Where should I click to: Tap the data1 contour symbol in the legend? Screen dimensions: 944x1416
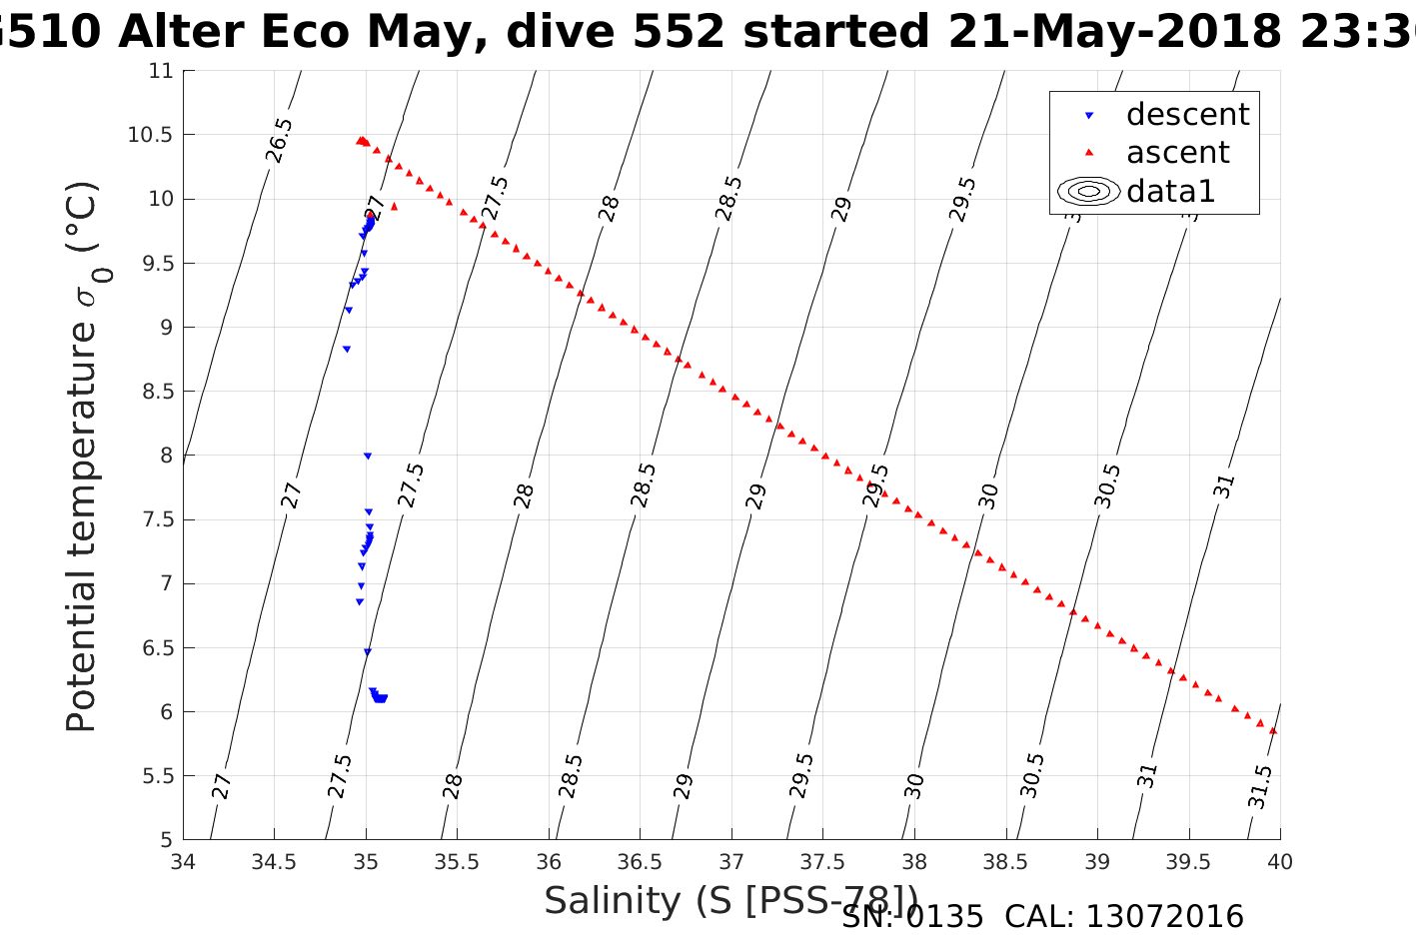1088,191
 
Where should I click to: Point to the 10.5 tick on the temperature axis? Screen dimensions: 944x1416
150,135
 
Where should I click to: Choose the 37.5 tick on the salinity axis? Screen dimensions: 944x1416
822,861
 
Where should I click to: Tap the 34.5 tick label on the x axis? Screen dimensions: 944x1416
274,861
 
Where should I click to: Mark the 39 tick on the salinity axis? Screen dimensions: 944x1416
1097,861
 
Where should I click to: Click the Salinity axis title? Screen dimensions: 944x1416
729,900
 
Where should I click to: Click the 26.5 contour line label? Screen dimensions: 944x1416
279,140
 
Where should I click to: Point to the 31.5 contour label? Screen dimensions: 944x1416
1260,786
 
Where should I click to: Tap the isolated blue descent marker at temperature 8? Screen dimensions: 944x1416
367,456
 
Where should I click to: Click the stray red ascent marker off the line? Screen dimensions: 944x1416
394,207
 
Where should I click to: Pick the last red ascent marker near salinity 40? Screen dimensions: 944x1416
1272,730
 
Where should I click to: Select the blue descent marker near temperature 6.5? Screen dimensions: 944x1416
367,651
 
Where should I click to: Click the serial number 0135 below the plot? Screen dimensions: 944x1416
944,917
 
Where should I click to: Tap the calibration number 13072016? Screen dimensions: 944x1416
1164,917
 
